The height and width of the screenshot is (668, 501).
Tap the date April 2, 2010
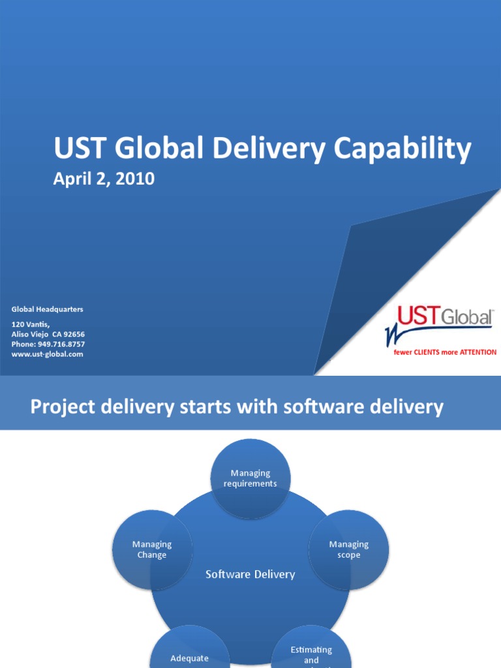click(x=104, y=179)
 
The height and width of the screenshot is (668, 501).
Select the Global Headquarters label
click(x=48, y=309)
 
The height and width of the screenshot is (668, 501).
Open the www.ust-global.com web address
click(x=48, y=354)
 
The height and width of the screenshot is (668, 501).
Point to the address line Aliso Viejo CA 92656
click(x=48, y=334)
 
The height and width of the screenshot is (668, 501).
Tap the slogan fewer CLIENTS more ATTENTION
click(x=444, y=352)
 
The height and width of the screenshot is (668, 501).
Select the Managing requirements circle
click(x=250, y=478)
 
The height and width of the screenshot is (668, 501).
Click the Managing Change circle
click(x=152, y=549)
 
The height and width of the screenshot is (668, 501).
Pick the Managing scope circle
click(x=348, y=549)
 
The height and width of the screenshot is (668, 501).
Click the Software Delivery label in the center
click(x=250, y=575)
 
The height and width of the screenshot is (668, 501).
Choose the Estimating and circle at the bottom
click(x=311, y=652)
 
